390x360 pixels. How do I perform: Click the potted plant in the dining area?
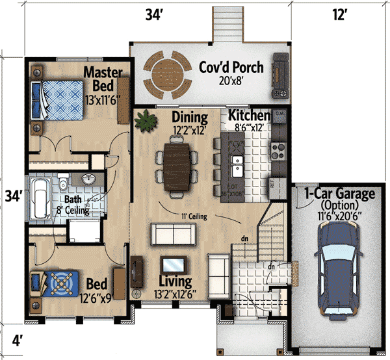click(145, 120)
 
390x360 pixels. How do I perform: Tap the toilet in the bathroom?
click(62, 181)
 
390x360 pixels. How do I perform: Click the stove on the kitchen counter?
click(279, 151)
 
